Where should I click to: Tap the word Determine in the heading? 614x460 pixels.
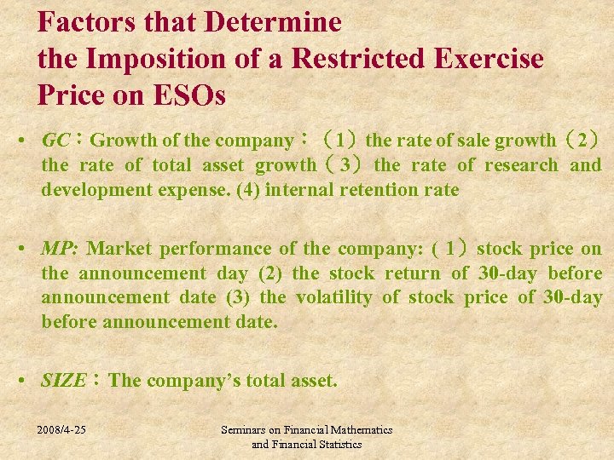pyautogui.click(x=275, y=21)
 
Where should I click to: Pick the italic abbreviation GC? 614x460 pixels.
pyautogui.click(x=56, y=140)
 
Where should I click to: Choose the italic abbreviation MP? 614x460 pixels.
pyautogui.click(x=59, y=249)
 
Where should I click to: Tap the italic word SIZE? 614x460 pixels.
pyautogui.click(x=63, y=381)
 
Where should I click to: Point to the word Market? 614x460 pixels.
pyautogui.click(x=119, y=249)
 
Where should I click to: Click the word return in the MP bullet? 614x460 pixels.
pyautogui.click(x=413, y=273)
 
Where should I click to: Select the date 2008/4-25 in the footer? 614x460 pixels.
pyautogui.click(x=62, y=430)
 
